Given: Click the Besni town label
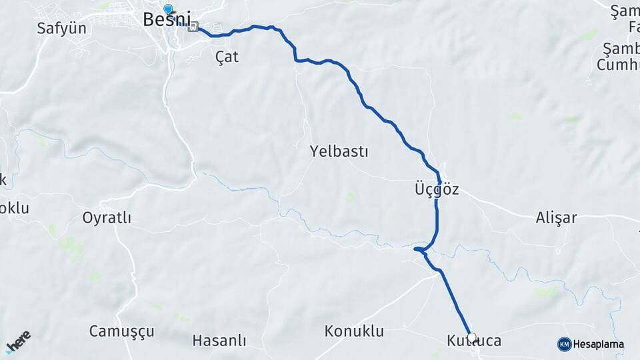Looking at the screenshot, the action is [x=167, y=21].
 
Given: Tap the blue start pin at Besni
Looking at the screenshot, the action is [x=168, y=9].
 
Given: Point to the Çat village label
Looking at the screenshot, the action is [x=227, y=57].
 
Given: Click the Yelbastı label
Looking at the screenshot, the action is [x=339, y=151].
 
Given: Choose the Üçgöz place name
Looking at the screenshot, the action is [x=437, y=189].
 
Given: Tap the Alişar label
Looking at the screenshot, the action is [x=556, y=217].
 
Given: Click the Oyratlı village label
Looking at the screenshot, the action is [x=107, y=218].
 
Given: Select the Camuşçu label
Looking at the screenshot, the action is [x=121, y=331].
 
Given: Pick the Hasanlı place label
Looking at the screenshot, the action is [x=219, y=341].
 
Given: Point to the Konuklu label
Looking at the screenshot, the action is [x=354, y=331].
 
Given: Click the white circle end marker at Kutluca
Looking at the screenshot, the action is [x=472, y=337].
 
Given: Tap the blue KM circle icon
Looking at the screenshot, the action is [x=564, y=344].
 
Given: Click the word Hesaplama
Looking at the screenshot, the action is [x=599, y=345].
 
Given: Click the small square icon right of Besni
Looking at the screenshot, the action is [x=193, y=27].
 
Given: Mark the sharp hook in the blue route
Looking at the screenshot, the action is [x=416, y=249].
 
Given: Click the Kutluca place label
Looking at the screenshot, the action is [x=474, y=341].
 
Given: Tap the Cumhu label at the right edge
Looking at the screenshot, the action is [x=617, y=65].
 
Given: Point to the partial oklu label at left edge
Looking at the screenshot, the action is [x=14, y=208].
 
